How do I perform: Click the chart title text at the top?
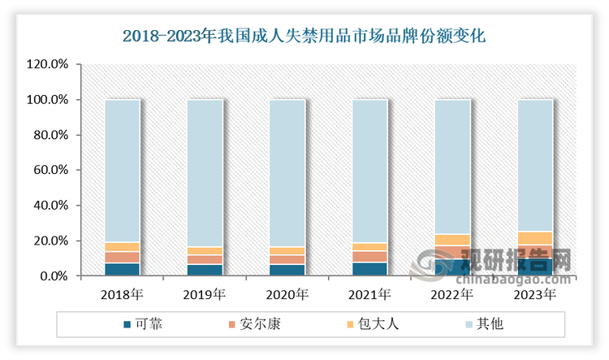(304, 36)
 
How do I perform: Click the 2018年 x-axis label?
(122, 293)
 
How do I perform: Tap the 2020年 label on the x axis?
(287, 293)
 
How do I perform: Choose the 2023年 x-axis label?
(534, 293)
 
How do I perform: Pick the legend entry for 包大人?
(376, 323)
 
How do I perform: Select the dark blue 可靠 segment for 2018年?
(122, 270)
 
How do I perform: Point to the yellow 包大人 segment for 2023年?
(534, 238)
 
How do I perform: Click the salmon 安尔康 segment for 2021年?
(369, 257)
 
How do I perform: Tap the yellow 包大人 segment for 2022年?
(452, 240)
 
